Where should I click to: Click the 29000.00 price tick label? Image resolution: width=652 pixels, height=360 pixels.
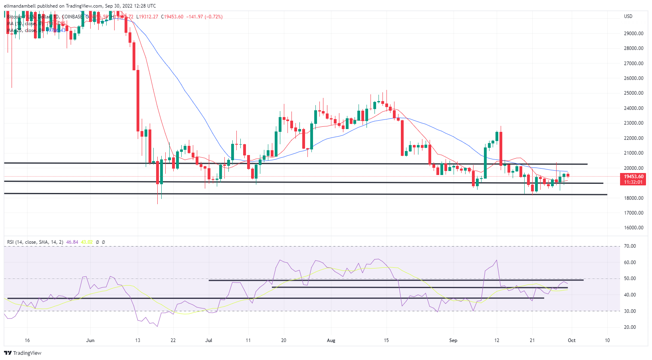(x=634, y=33)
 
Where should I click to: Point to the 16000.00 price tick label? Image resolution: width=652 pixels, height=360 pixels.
(x=634, y=228)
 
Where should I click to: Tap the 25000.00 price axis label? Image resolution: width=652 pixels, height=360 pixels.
(x=634, y=93)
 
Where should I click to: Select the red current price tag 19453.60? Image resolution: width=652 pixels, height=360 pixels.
(x=634, y=176)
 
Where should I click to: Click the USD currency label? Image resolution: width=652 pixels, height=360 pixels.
(x=628, y=16)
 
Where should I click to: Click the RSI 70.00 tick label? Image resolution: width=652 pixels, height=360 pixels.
(x=630, y=246)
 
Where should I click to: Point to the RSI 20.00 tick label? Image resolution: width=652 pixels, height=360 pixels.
(x=630, y=327)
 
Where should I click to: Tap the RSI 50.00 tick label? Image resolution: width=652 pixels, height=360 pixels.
(x=630, y=278)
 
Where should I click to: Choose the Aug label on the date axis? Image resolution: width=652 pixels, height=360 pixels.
(x=331, y=340)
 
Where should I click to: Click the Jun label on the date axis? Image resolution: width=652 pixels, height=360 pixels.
(x=90, y=340)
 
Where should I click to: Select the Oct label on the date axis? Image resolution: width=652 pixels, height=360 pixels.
(x=572, y=340)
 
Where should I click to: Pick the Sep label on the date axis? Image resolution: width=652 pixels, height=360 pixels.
(x=453, y=340)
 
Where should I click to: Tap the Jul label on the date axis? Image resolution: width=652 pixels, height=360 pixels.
(x=208, y=340)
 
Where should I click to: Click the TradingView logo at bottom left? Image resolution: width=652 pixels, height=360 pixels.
(x=23, y=353)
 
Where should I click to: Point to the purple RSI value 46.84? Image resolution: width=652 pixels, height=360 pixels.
(x=72, y=242)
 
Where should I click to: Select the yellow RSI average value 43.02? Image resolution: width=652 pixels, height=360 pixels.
(x=87, y=242)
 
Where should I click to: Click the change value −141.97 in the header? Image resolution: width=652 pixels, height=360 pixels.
(x=194, y=17)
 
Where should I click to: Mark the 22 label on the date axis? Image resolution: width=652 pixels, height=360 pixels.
(x=173, y=340)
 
